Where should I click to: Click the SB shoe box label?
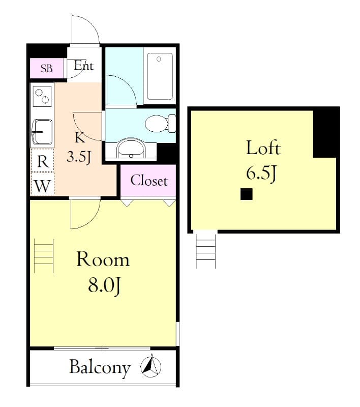tap(46, 69)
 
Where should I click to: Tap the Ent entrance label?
tap(83, 66)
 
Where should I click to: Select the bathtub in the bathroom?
tap(160, 76)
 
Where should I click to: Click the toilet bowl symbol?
tap(157, 123)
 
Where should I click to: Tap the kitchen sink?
tap(42, 131)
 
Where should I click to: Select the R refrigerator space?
tap(43, 162)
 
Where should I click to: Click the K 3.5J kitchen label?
tap(79, 147)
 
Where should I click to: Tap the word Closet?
tap(148, 181)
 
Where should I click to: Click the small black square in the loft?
tap(247, 194)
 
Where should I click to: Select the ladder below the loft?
tap(206, 249)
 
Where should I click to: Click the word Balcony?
tap(100, 367)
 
